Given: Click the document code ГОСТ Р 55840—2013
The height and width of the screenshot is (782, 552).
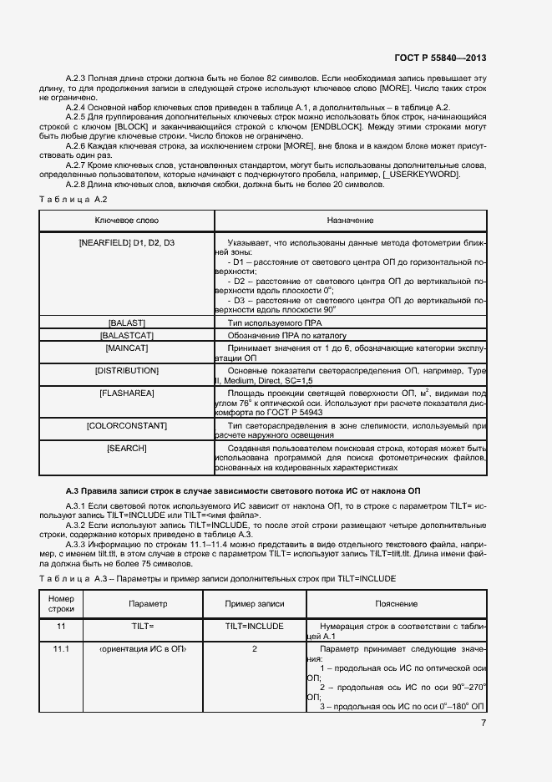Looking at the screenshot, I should pyautogui.click(x=439, y=58).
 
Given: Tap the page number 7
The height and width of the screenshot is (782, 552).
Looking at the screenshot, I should pyautogui.click(x=483, y=724).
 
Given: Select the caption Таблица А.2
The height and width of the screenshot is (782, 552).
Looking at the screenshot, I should pyautogui.click(x=73, y=199).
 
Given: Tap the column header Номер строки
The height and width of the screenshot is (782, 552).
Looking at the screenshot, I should pyautogui.click(x=61, y=603).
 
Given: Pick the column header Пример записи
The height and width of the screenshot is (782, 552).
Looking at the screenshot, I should pyautogui.click(x=255, y=603).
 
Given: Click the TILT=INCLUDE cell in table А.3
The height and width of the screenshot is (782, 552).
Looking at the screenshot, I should pyautogui.click(x=255, y=626).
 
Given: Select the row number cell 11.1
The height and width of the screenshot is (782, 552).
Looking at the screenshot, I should pyautogui.click(x=61, y=648).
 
